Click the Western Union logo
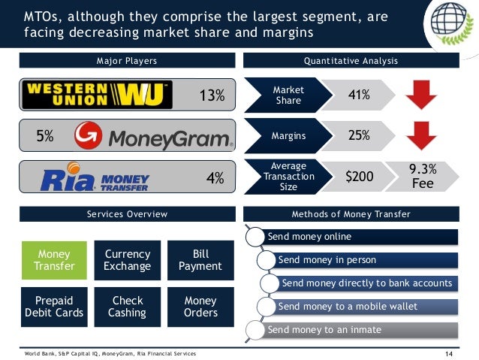coord(98,95)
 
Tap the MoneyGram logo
coord(154,137)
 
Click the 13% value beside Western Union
coord(211,95)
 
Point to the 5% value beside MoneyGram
coord(45,137)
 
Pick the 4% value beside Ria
coord(215,179)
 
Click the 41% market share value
coord(358,95)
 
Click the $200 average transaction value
coord(358,177)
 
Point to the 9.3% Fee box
coord(422,176)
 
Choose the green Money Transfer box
coord(53,260)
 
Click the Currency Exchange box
coord(128,260)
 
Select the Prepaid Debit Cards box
coord(53,306)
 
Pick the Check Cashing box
coord(128,306)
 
